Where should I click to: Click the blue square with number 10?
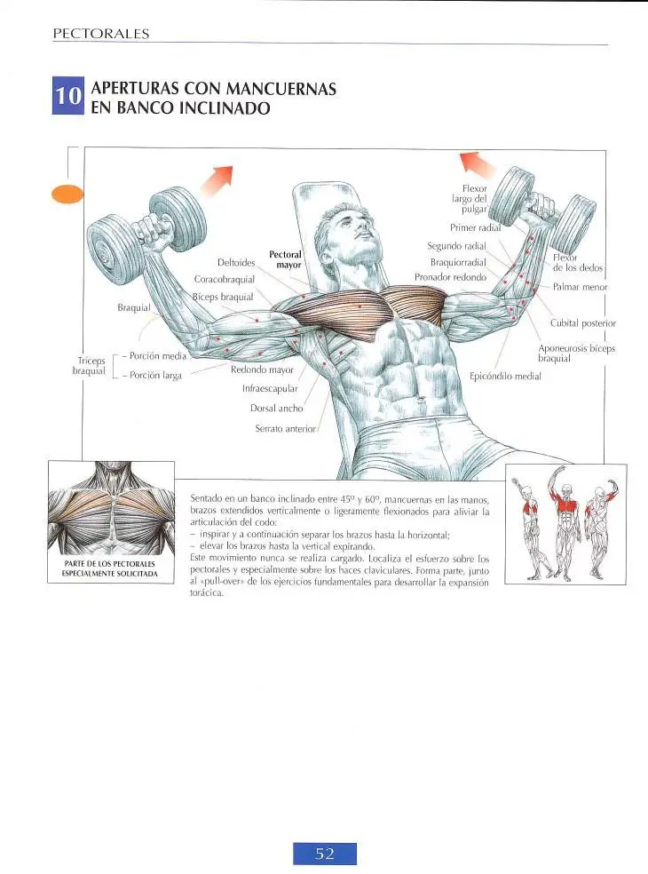[x=68, y=95]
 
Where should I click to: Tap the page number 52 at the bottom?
[x=325, y=854]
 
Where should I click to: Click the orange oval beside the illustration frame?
[x=67, y=194]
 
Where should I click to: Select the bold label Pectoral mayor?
[x=285, y=259]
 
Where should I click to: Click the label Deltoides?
[x=236, y=263]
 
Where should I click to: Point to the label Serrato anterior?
[x=285, y=429]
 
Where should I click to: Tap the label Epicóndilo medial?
[x=505, y=377]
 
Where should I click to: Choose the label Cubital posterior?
[x=583, y=323]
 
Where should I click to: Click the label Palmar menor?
[x=580, y=287]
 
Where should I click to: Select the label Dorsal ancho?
[x=276, y=408]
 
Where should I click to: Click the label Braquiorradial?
[x=458, y=263]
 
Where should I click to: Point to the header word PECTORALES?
[x=101, y=34]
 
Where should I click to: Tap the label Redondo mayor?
[x=262, y=369]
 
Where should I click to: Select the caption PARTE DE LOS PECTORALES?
[x=110, y=563]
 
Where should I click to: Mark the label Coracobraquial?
[x=224, y=279]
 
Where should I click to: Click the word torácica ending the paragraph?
[x=207, y=593]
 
